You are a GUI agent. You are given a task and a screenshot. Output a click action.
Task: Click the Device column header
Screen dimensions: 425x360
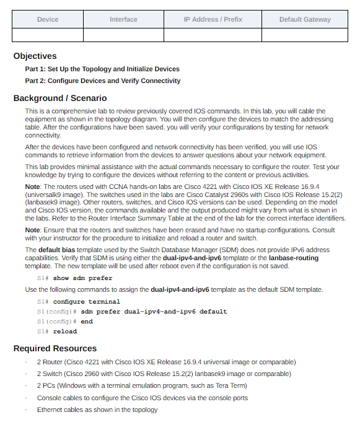pyautogui.click(x=48, y=19)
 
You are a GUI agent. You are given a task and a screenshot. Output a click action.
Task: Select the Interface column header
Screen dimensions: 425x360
pyautogui.click(x=123, y=19)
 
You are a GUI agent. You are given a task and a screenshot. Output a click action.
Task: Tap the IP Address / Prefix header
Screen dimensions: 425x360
pyautogui.click(x=213, y=19)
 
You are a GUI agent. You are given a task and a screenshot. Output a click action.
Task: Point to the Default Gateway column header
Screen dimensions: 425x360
pyautogui.click(x=305, y=19)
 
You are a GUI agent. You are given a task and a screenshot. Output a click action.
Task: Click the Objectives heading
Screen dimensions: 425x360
pyautogui.click(x=35, y=56)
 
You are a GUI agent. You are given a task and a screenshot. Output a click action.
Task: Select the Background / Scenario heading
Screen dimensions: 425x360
pyautogui.click(x=60, y=98)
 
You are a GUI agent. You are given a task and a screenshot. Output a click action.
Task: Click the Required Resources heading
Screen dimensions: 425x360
pyautogui.click(x=55, y=348)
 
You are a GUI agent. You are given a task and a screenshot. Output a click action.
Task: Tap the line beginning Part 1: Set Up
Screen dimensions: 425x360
pyautogui.click(x=102, y=69)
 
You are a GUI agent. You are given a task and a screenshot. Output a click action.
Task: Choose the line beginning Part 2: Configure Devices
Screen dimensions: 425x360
pyautogui.click(x=103, y=81)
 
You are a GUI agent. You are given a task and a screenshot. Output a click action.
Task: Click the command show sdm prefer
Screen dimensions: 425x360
pyautogui.click(x=82, y=278)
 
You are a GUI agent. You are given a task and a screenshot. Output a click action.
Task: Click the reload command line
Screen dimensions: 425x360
pyautogui.click(x=64, y=331)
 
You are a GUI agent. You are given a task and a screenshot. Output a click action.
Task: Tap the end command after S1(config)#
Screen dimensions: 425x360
pyautogui.click(x=87, y=322)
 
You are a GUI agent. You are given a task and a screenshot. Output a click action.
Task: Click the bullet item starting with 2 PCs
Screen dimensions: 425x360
pyautogui.click(x=142, y=385)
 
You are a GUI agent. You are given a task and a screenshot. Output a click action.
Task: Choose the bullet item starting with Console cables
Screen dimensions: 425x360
pyautogui.click(x=143, y=398)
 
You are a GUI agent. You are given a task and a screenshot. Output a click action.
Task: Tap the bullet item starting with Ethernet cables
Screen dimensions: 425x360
pyautogui.click(x=97, y=410)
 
